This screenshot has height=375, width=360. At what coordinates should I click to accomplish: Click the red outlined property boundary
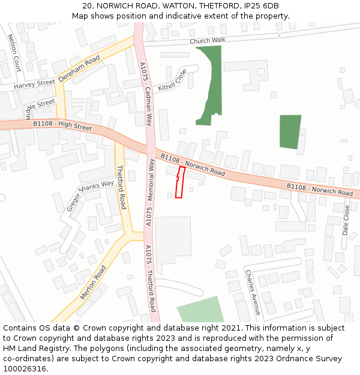coord(179,184)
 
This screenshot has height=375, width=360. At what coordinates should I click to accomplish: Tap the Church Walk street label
coord(207,41)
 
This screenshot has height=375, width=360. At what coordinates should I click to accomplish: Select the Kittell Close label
coord(172,80)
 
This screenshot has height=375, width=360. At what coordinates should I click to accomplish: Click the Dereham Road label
coord(79,69)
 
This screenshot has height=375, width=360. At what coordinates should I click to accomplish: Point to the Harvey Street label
coord(34,83)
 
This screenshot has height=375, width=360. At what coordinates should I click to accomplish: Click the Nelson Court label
coord(14,52)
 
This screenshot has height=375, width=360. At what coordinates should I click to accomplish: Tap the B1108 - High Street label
coord(62,126)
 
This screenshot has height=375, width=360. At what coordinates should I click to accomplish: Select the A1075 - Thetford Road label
coord(150,278)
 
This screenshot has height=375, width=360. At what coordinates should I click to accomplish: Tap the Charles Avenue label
coord(252,292)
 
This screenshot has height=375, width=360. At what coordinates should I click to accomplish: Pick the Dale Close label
coord(346,220)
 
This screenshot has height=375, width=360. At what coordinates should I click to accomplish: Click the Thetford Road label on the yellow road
coord(121,187)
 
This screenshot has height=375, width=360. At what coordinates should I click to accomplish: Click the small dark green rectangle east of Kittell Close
coord(290,132)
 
